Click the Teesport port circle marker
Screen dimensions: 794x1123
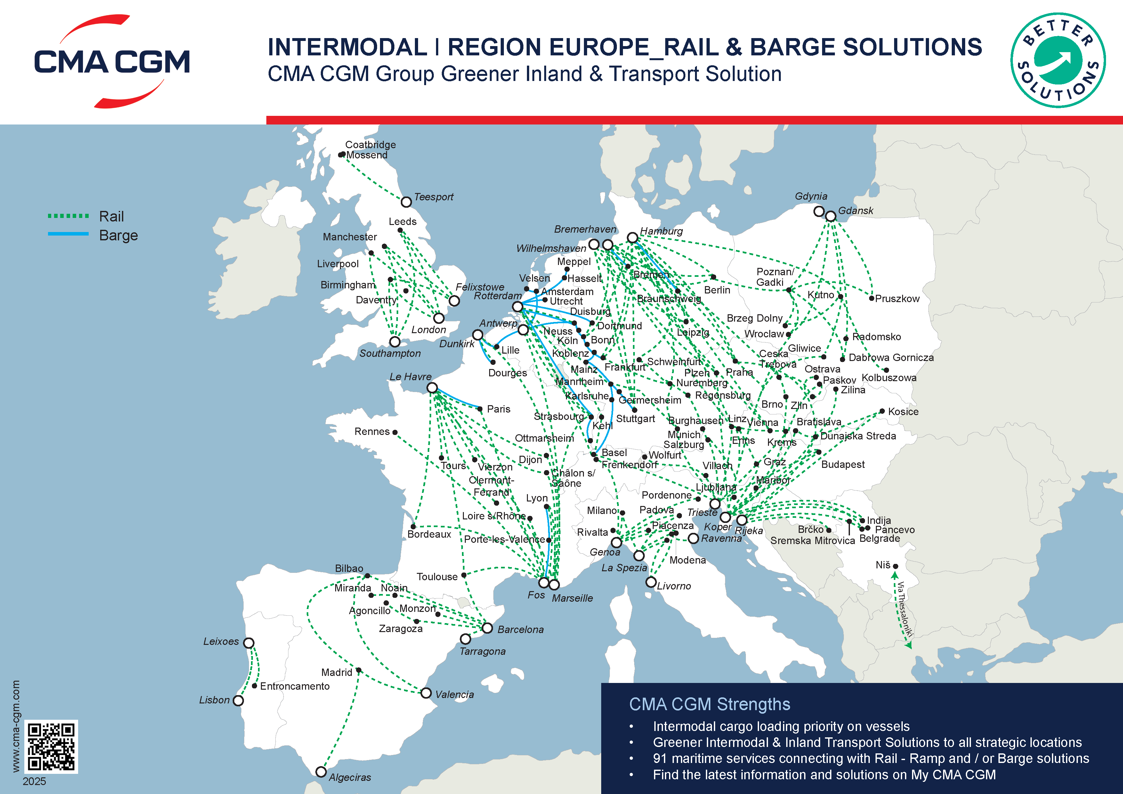click(x=406, y=202)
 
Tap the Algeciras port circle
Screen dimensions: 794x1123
click(x=321, y=772)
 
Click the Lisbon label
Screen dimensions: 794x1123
click(x=214, y=700)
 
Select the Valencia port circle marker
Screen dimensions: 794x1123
click(x=426, y=693)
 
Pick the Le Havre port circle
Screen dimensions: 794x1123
click(x=432, y=388)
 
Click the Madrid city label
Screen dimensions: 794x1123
click(x=336, y=672)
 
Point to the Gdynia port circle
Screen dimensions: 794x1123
click(x=819, y=211)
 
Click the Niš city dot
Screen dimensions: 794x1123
click(x=895, y=566)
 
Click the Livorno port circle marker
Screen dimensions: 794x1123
click(x=650, y=582)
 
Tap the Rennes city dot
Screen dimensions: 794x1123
click(x=395, y=432)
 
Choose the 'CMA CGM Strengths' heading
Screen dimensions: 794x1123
click(x=709, y=704)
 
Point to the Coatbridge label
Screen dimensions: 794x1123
click(x=370, y=145)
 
